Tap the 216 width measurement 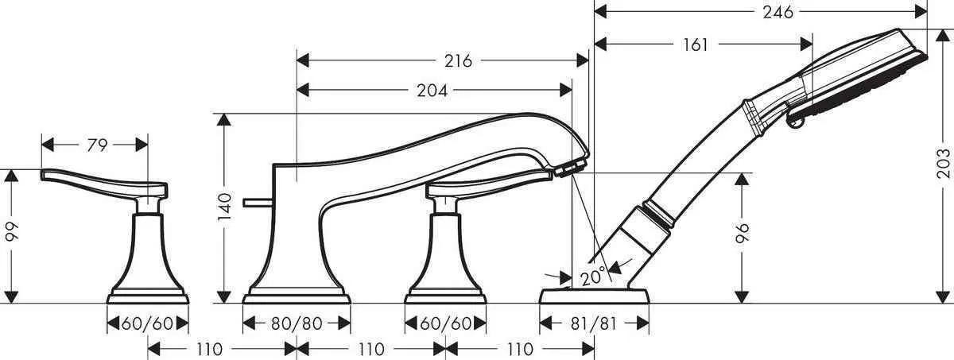point(458,61)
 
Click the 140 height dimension point(226,208)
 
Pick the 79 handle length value point(96,145)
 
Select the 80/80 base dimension point(296,323)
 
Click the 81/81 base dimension point(594,323)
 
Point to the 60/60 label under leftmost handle point(148,323)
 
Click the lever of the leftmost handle point(95,180)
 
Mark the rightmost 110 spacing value point(519,349)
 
